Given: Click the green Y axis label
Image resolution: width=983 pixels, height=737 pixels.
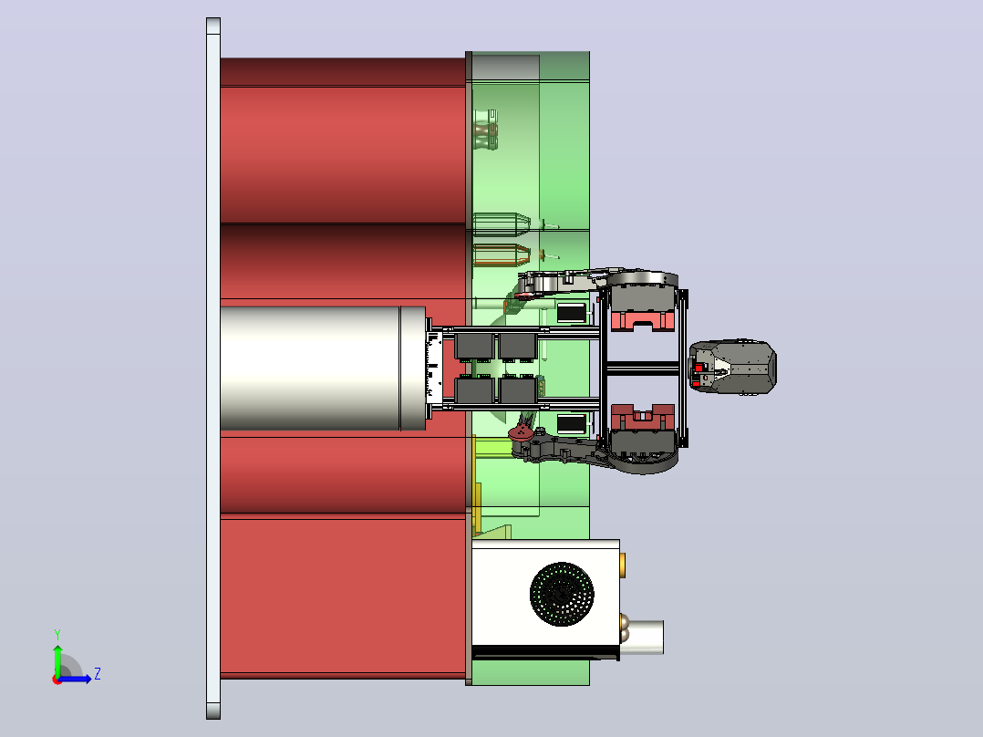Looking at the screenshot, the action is coord(57,634).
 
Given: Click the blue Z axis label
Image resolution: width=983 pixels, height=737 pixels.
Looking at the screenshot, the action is coord(98,674).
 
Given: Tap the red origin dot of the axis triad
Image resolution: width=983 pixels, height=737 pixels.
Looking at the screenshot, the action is coord(57,680).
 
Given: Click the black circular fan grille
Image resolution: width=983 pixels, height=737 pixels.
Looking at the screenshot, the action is coord(562,594).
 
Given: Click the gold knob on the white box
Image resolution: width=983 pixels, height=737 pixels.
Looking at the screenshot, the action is coord(622,566).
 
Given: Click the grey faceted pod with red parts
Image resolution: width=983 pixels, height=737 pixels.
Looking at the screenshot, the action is coord(733,368).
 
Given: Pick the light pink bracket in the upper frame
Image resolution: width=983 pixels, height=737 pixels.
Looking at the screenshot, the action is coord(643,320).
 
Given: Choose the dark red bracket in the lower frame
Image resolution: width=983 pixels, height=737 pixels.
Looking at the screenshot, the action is coord(643,417).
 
